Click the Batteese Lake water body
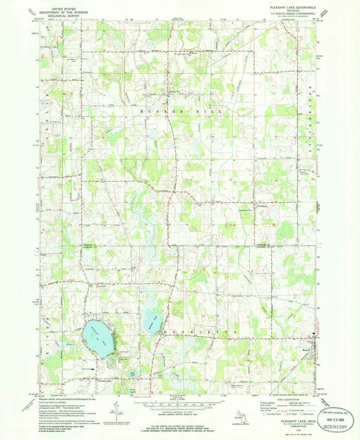coord(152,319)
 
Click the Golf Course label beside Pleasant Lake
coord(123,352)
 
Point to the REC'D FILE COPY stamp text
coord(334,427)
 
